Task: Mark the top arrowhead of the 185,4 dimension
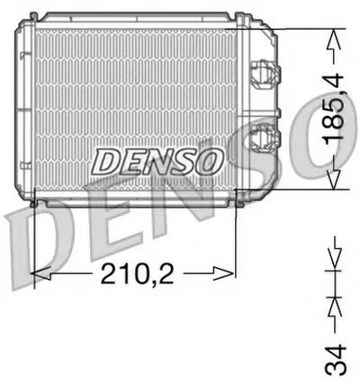pyautogui.click(x=335, y=38)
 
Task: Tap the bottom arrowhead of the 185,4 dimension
pyautogui.click(x=335, y=182)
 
